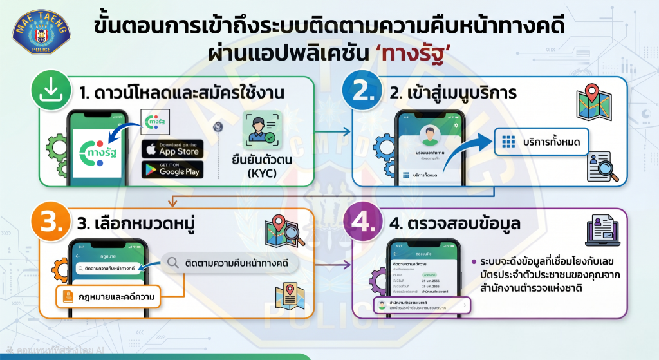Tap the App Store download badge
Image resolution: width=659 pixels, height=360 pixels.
click(x=172, y=148)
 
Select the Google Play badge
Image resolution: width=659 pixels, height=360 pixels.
click(x=172, y=169)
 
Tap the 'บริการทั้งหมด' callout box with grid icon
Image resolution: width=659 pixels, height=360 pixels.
click(x=541, y=141)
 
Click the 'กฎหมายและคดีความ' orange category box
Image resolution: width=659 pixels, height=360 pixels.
click(x=110, y=297)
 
